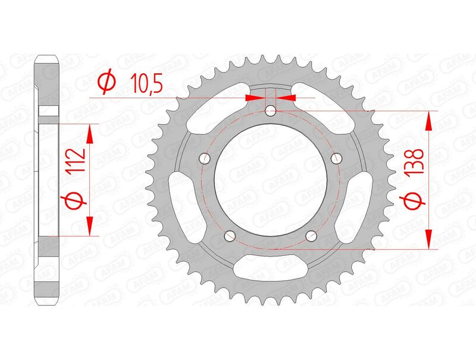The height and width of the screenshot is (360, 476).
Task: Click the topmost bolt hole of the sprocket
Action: [271, 110]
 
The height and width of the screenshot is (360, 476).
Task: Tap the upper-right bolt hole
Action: [337, 158]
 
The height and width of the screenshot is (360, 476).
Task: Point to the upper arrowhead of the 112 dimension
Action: [90, 133]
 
